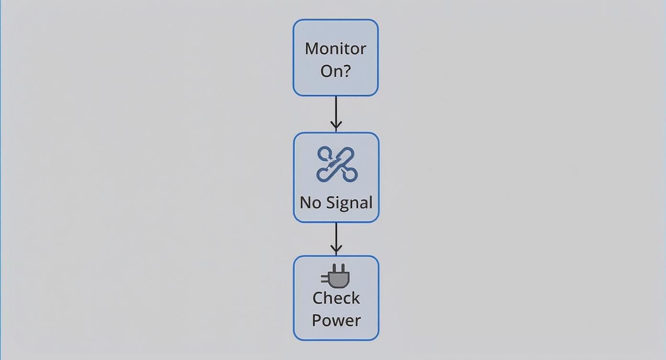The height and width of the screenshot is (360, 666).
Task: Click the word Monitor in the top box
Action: coord(335,48)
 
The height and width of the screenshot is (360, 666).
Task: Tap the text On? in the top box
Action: coord(335,71)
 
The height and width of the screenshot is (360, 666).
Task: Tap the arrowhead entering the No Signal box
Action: coord(336,127)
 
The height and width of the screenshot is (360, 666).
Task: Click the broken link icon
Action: coord(337,164)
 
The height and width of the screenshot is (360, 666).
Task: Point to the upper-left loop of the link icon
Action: coord(324,154)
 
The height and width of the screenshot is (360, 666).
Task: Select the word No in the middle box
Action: coord(310,202)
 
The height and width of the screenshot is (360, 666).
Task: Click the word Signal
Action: coord(348,202)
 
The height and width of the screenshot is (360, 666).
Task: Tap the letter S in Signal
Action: coord(329,202)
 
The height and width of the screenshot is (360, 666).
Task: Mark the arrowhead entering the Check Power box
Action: coord(336,249)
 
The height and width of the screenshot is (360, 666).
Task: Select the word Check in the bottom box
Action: coord(336,298)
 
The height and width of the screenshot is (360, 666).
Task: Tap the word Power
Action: coord(336,320)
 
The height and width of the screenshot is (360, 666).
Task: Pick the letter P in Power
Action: coord(317,320)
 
